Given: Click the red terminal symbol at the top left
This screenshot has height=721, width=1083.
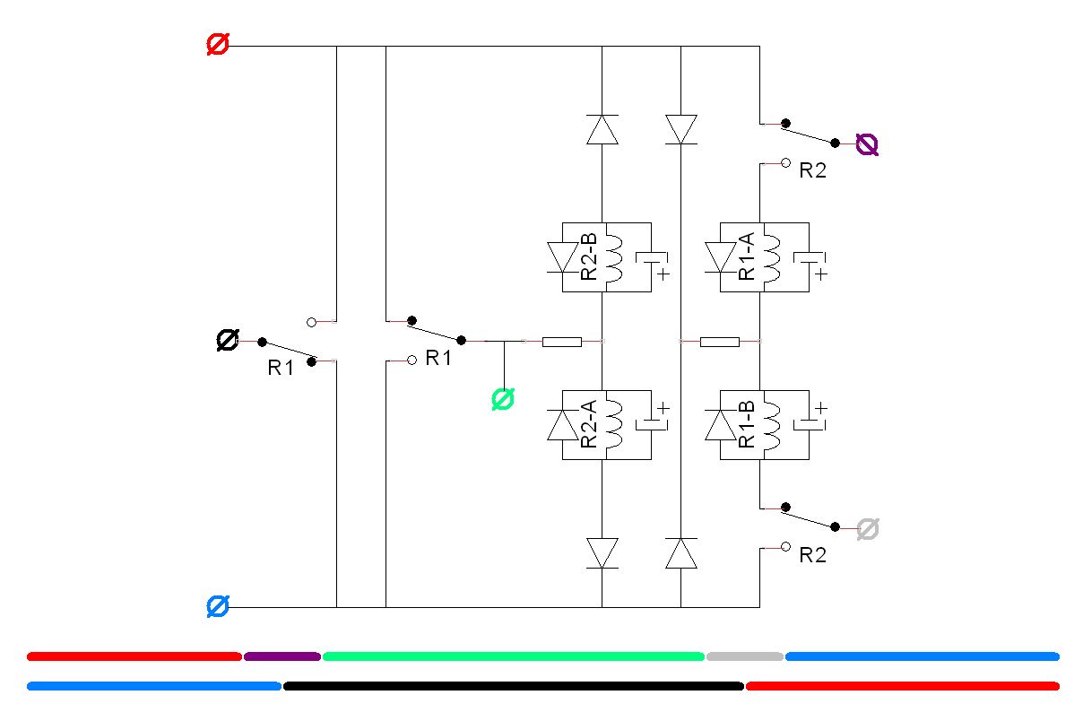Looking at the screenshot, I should (x=218, y=45).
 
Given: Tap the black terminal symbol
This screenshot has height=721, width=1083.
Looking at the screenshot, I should (x=228, y=340).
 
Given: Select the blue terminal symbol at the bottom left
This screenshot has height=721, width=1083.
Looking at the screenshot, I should (x=218, y=607).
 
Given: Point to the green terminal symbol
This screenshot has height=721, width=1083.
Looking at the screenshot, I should (x=504, y=399).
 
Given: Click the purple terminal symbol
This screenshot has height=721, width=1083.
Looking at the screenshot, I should (x=866, y=143).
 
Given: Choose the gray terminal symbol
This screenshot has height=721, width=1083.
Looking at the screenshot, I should (x=866, y=529).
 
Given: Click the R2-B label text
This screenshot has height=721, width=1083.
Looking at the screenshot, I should (x=589, y=257).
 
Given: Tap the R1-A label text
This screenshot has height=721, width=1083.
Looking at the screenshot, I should (x=747, y=257).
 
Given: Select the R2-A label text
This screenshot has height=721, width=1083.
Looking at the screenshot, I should (x=589, y=424).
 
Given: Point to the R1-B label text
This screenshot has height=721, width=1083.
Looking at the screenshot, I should (x=747, y=424).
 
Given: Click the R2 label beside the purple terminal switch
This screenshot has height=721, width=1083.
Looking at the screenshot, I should (x=812, y=171).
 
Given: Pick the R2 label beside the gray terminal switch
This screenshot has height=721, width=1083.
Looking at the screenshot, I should (x=812, y=556).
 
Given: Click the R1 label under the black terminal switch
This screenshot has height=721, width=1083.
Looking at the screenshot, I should (x=281, y=368).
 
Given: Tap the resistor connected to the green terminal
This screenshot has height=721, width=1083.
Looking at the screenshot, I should (x=562, y=342).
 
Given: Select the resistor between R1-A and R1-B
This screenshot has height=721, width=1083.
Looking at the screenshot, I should (x=719, y=342).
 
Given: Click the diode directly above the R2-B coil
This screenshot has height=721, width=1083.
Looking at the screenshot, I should (x=602, y=129).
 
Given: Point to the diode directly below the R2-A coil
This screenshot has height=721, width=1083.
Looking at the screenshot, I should (x=602, y=552).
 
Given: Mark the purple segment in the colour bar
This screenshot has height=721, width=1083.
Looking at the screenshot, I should (x=282, y=656).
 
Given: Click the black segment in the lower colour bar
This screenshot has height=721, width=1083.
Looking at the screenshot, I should (x=513, y=686).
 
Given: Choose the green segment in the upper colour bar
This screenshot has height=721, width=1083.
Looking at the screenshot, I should (x=513, y=656).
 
